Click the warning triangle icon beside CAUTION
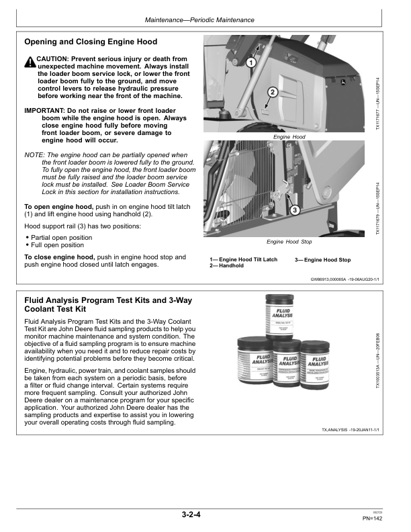point(30,62)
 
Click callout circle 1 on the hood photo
point(250,62)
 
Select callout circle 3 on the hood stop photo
point(294,210)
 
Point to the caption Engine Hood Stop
point(289,241)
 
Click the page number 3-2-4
point(191,515)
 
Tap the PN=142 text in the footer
point(371,518)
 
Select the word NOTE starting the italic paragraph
point(34,155)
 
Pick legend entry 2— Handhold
point(226,266)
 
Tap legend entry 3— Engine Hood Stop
point(322,259)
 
